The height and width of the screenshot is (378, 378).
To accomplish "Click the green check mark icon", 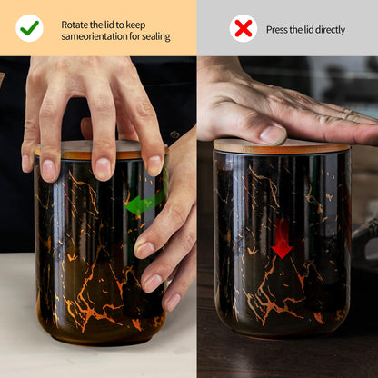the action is click(x=29, y=28).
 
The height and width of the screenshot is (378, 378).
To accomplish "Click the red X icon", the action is click(x=244, y=28).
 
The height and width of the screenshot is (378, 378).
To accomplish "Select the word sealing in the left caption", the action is click(x=156, y=37).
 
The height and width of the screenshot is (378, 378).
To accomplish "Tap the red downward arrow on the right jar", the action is click(x=282, y=238).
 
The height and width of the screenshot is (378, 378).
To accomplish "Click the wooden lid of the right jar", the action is click(x=282, y=146).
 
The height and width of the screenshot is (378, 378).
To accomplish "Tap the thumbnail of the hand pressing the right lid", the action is click(x=273, y=134).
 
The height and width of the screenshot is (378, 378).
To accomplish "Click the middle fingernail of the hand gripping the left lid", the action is click(x=103, y=168).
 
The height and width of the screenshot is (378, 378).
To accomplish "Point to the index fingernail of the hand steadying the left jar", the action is click(x=144, y=249).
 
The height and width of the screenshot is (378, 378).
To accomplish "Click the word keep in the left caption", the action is click(x=135, y=25).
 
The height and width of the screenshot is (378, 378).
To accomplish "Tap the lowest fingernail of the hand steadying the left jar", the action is click(x=173, y=303).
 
